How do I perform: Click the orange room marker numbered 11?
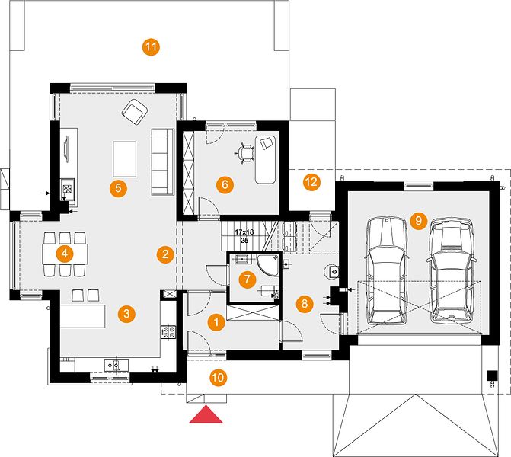tap(151, 47)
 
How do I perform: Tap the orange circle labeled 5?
tap(118, 188)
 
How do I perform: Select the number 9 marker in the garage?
tap(418, 221)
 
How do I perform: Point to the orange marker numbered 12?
tap(311, 182)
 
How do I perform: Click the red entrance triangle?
tap(206, 414)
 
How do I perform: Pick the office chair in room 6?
tap(244, 152)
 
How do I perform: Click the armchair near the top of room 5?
tap(135, 112)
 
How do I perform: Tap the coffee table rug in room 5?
tap(124, 159)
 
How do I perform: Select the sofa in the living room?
tap(162, 162)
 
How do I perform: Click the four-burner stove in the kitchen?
tap(168, 332)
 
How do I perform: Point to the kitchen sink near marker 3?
tap(117, 365)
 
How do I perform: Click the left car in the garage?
tap(387, 271)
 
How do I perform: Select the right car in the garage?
tap(452, 271)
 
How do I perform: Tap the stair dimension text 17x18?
tap(244, 232)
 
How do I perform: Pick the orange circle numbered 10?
tap(218, 378)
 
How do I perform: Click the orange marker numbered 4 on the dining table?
tap(65, 254)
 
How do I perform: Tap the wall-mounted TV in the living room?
tap(67, 149)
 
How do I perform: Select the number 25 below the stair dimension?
tap(244, 241)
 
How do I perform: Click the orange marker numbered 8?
tap(305, 304)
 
